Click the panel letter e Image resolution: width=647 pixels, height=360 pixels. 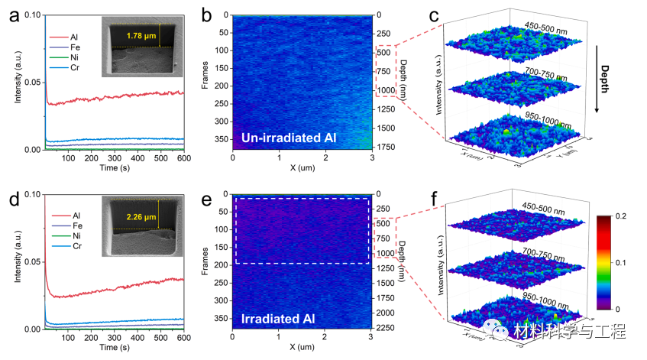(x=205, y=202)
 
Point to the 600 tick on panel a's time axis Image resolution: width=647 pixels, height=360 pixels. (x=183, y=158)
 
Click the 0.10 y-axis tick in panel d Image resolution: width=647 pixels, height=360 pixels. (x=31, y=194)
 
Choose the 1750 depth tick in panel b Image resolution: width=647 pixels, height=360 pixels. (x=388, y=146)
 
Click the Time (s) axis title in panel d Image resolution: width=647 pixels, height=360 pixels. (x=114, y=347)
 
